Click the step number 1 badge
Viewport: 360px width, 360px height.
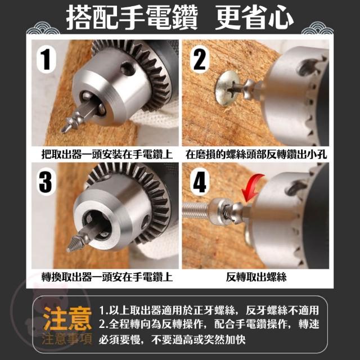pos(46,60)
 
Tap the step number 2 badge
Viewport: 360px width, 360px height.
pos(200,60)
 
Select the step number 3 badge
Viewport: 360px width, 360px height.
pos(46,182)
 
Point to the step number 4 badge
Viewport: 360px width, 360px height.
pos(199,182)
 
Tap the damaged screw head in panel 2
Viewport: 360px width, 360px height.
pos(226,88)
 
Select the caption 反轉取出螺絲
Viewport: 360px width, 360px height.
pos(256,277)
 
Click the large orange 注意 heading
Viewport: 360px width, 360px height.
pos(67,319)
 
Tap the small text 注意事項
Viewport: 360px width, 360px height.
pos(67,339)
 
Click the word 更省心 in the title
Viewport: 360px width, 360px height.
pos(254,18)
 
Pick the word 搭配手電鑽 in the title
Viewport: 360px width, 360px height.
pos(132,18)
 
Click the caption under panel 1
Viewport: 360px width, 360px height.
pos(107,154)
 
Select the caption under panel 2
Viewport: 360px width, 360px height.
pos(256,154)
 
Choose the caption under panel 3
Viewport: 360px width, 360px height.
pos(107,277)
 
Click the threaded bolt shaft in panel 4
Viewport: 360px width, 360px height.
pos(195,209)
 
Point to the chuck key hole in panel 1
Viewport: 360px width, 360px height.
pos(127,68)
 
